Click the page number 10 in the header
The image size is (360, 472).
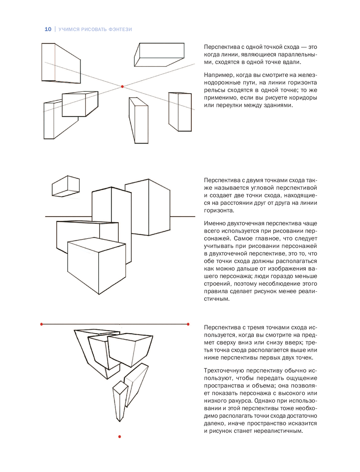[48, 29]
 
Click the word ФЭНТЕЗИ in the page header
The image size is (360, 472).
[120, 29]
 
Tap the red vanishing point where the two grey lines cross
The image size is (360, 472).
[122, 87]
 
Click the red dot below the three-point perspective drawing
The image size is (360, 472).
[120, 437]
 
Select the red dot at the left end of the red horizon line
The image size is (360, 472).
[42, 324]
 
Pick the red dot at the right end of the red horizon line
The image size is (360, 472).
[188, 324]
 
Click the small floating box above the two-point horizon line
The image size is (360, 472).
[66, 186]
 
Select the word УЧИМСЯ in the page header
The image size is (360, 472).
[69, 29]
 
